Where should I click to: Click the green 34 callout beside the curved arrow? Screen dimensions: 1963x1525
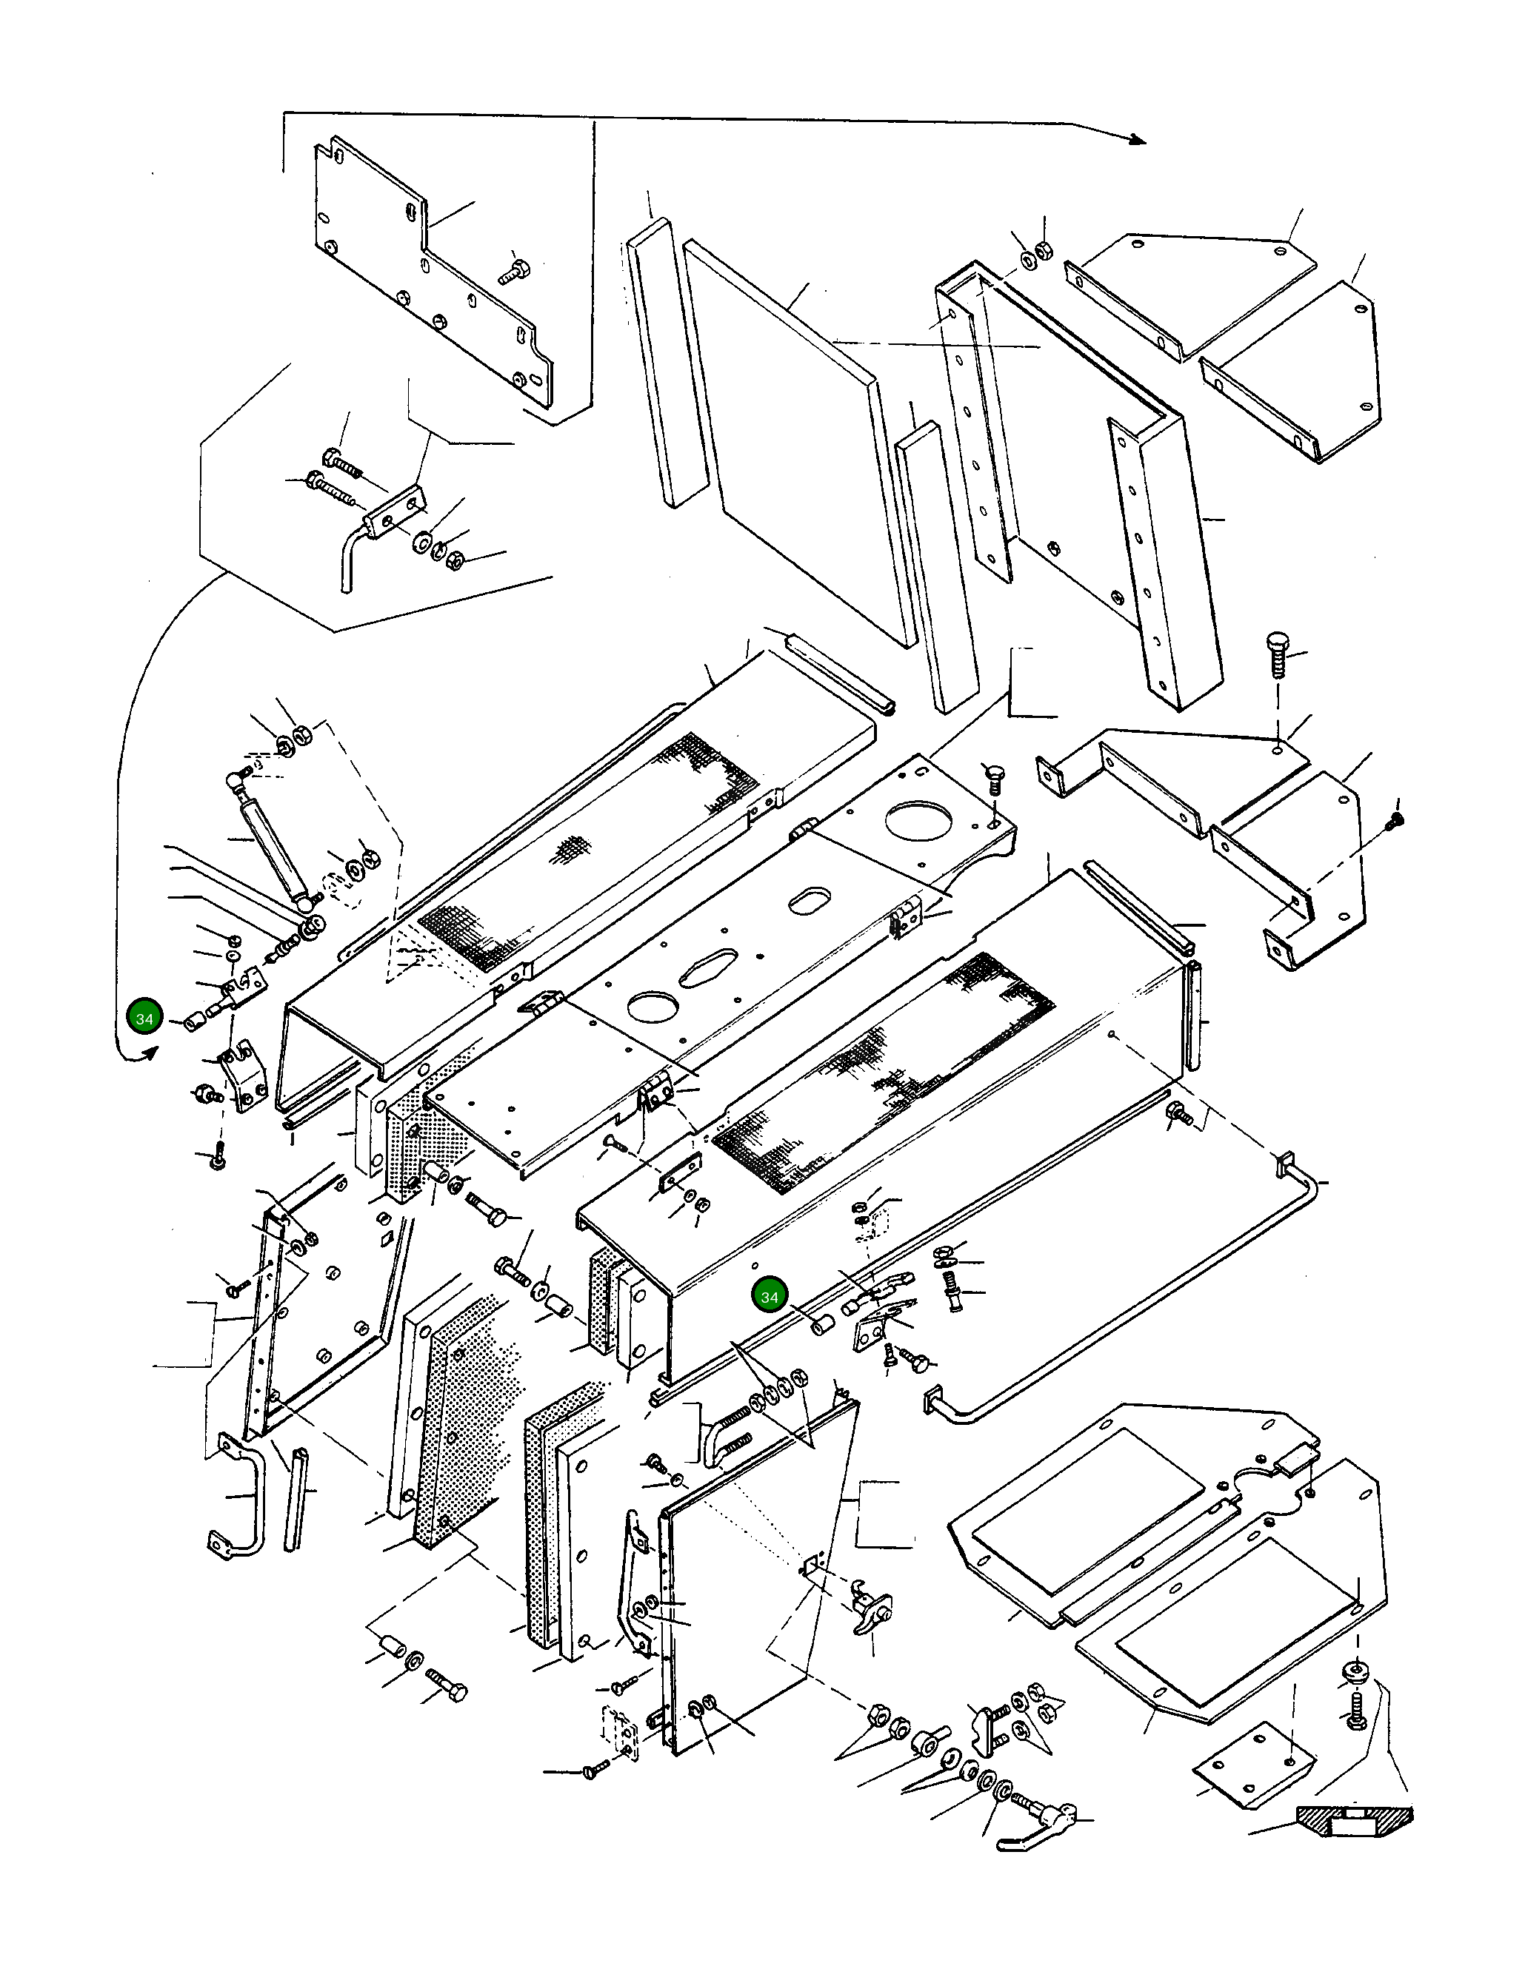(x=144, y=1019)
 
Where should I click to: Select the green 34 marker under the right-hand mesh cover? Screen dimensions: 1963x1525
(x=770, y=1297)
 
